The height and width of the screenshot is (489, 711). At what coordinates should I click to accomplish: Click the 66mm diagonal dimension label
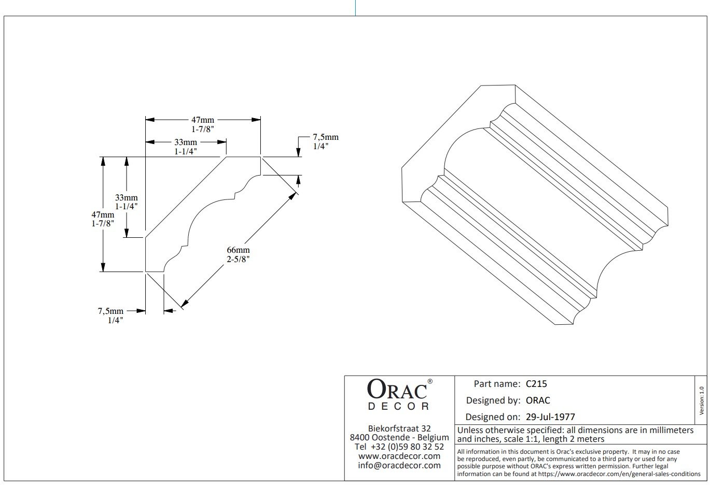point(238,250)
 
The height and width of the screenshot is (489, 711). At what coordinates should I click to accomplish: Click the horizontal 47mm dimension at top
point(202,120)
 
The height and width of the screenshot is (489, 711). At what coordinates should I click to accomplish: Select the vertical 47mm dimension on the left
point(103,214)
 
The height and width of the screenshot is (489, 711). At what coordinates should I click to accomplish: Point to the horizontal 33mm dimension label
point(185,142)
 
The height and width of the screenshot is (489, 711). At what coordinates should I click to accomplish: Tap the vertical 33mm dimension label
point(127,197)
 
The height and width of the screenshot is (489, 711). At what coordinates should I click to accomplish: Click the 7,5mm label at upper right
point(325,137)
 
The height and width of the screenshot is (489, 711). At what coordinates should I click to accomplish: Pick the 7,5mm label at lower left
point(110,311)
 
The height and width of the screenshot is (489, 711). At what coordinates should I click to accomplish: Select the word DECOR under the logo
point(399,407)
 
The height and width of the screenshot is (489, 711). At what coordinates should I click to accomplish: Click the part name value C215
point(536,384)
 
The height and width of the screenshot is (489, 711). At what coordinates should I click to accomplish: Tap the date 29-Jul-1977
point(550,417)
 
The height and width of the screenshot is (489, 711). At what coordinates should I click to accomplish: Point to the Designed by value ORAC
point(538,400)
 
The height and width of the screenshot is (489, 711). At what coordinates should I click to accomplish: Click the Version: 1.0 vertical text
point(702,400)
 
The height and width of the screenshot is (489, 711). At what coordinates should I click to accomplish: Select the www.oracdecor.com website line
point(399,456)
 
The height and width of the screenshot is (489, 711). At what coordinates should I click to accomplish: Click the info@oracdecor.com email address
point(399,465)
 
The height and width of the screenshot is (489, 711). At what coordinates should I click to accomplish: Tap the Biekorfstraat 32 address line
point(399,428)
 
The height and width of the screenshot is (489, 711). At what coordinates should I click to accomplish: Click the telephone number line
point(399,447)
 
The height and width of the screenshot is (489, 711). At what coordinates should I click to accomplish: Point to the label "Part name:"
point(497,384)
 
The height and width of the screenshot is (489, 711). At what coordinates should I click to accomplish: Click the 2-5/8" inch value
point(238,259)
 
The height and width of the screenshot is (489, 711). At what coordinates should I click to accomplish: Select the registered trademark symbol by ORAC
point(429,381)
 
